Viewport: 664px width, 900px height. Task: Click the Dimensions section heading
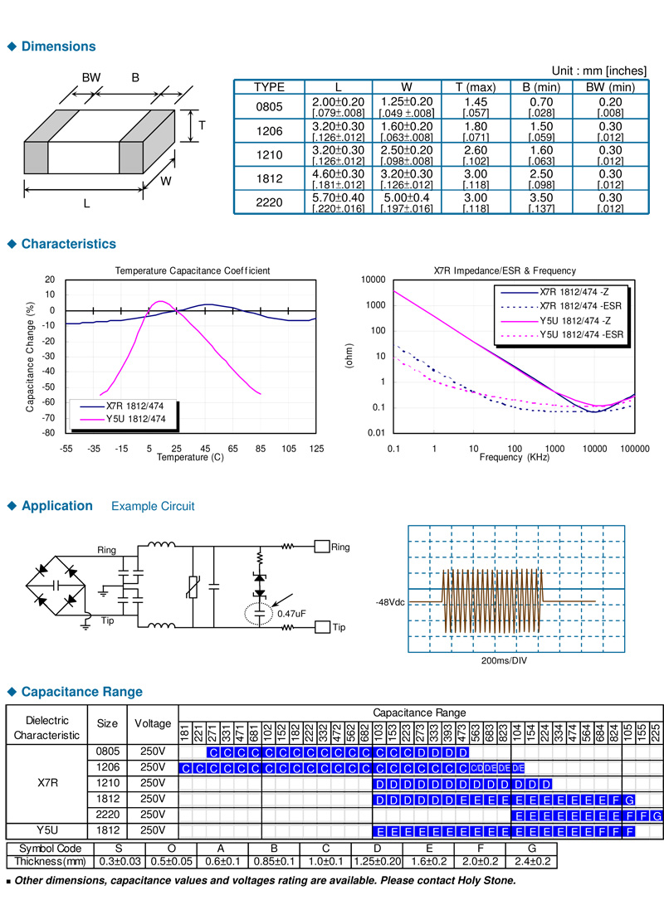(x=58, y=46)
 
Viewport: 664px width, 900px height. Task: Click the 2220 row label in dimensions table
(x=268, y=202)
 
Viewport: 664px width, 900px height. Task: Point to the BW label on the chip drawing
(x=90, y=77)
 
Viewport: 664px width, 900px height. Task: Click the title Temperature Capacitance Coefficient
(x=192, y=271)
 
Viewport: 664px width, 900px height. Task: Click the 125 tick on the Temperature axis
(x=315, y=448)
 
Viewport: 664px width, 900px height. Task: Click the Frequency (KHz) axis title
(x=514, y=457)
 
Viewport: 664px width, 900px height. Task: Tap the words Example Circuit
(x=153, y=506)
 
